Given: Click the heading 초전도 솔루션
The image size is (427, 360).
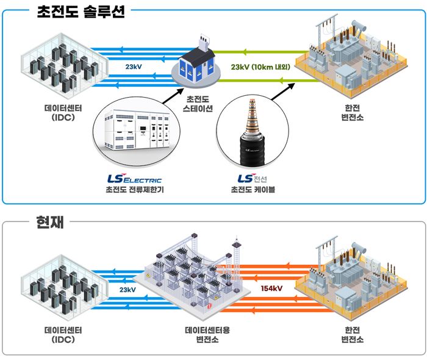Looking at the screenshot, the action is point(81,12).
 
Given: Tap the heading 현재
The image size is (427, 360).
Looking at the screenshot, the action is point(50,222).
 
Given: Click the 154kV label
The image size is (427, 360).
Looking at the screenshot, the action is point(271,289).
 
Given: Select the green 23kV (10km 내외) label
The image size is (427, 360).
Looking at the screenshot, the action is point(260,67).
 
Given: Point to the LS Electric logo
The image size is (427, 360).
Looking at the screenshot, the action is point(135,178).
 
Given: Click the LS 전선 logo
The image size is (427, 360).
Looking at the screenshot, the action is point(252,178).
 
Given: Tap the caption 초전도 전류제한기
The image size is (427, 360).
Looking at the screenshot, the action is point(135,190).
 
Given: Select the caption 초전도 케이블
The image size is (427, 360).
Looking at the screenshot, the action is point(253,190).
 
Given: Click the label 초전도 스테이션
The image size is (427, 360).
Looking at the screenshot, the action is point(198,104).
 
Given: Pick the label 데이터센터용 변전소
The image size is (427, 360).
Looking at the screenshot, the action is point(207,334).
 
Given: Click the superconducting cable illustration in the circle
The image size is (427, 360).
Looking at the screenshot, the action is point(252,132).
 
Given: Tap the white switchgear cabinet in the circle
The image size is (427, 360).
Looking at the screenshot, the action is point(137,129).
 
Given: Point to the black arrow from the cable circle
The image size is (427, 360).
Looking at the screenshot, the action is point(283,92).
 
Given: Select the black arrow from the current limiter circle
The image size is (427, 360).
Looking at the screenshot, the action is point(173,96).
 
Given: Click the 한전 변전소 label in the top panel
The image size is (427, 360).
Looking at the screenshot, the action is point(353,112).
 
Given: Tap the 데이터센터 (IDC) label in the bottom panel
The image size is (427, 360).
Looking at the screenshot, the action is point(63,334).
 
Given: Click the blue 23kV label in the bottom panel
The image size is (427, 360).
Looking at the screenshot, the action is point(127,289).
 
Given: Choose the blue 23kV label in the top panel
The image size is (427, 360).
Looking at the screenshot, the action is point(134,67).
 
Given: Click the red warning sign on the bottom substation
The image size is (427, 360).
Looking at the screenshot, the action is point(209,306).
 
